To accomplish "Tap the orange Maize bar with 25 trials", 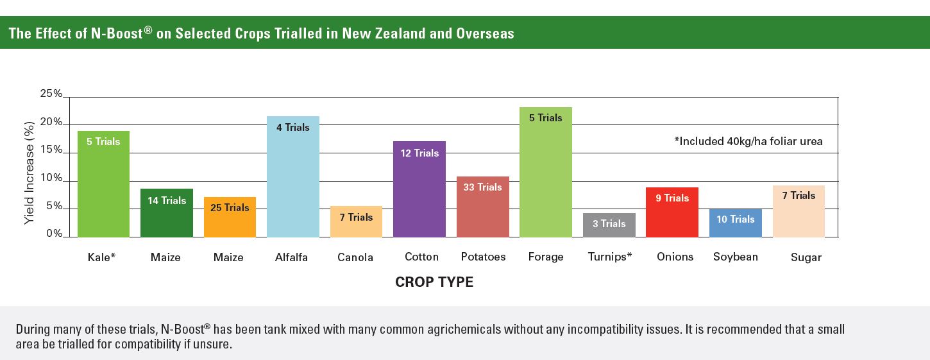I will click(230, 221).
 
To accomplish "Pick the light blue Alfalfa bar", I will click(292, 180).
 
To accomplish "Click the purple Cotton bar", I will click(419, 193).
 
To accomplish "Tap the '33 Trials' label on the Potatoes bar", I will click(482, 187).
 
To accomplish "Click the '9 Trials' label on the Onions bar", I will click(672, 198).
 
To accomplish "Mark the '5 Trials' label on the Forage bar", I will click(545, 118).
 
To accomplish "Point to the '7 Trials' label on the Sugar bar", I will click(799, 196).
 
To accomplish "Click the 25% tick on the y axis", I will click(51, 94).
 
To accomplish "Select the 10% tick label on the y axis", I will click(51, 178).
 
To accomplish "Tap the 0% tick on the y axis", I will click(54, 234).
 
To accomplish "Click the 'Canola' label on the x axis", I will click(355, 257).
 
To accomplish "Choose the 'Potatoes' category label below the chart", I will click(483, 257).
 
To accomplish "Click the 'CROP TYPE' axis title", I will click(434, 282).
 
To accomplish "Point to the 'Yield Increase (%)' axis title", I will click(30, 173).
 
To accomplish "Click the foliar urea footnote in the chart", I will click(748, 141).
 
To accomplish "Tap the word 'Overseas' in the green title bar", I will click(485, 33).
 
